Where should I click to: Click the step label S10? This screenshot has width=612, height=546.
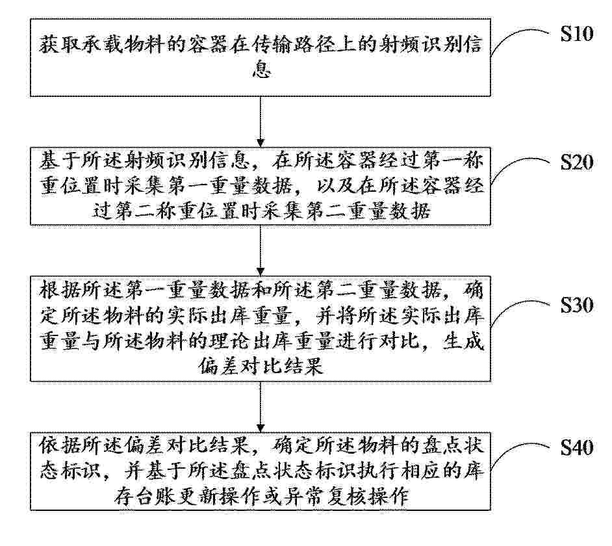[x=577, y=33]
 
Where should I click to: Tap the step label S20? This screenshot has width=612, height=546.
[x=577, y=162]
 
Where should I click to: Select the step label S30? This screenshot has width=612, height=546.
[x=577, y=305]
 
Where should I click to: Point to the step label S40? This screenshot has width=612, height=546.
[x=577, y=448]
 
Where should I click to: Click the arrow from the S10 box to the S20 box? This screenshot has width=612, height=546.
[x=261, y=122]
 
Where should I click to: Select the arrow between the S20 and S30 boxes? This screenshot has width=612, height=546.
[x=261, y=250]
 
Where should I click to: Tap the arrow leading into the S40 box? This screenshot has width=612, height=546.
[x=261, y=406]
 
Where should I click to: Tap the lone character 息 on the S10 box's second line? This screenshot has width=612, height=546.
[x=261, y=70]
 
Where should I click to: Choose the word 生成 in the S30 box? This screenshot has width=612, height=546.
[x=463, y=342]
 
